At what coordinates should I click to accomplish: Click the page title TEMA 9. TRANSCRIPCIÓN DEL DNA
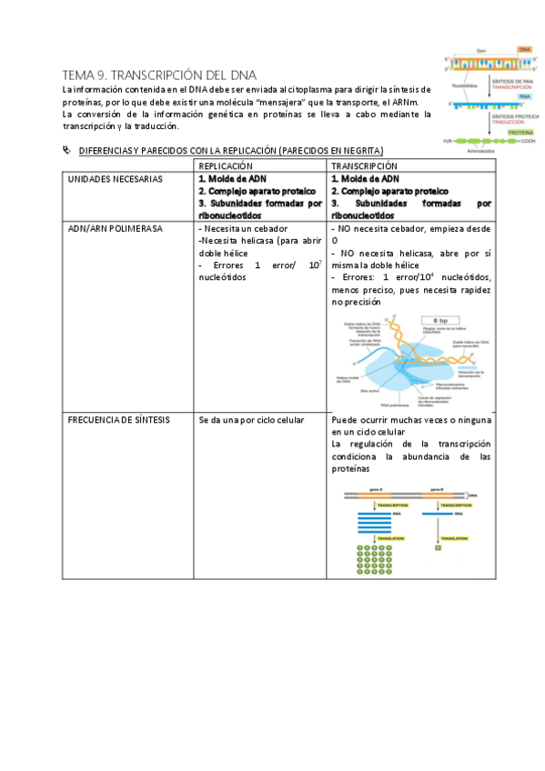tap(159, 75)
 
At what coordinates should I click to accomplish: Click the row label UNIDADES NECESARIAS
tap(116, 179)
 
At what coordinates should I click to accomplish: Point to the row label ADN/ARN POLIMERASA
tap(115, 229)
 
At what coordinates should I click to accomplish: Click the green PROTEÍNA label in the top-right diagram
tap(520, 132)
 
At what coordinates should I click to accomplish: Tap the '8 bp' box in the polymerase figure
tap(441, 321)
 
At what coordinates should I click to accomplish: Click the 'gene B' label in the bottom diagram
tap(437, 489)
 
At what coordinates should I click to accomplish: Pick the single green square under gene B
tap(438, 547)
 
